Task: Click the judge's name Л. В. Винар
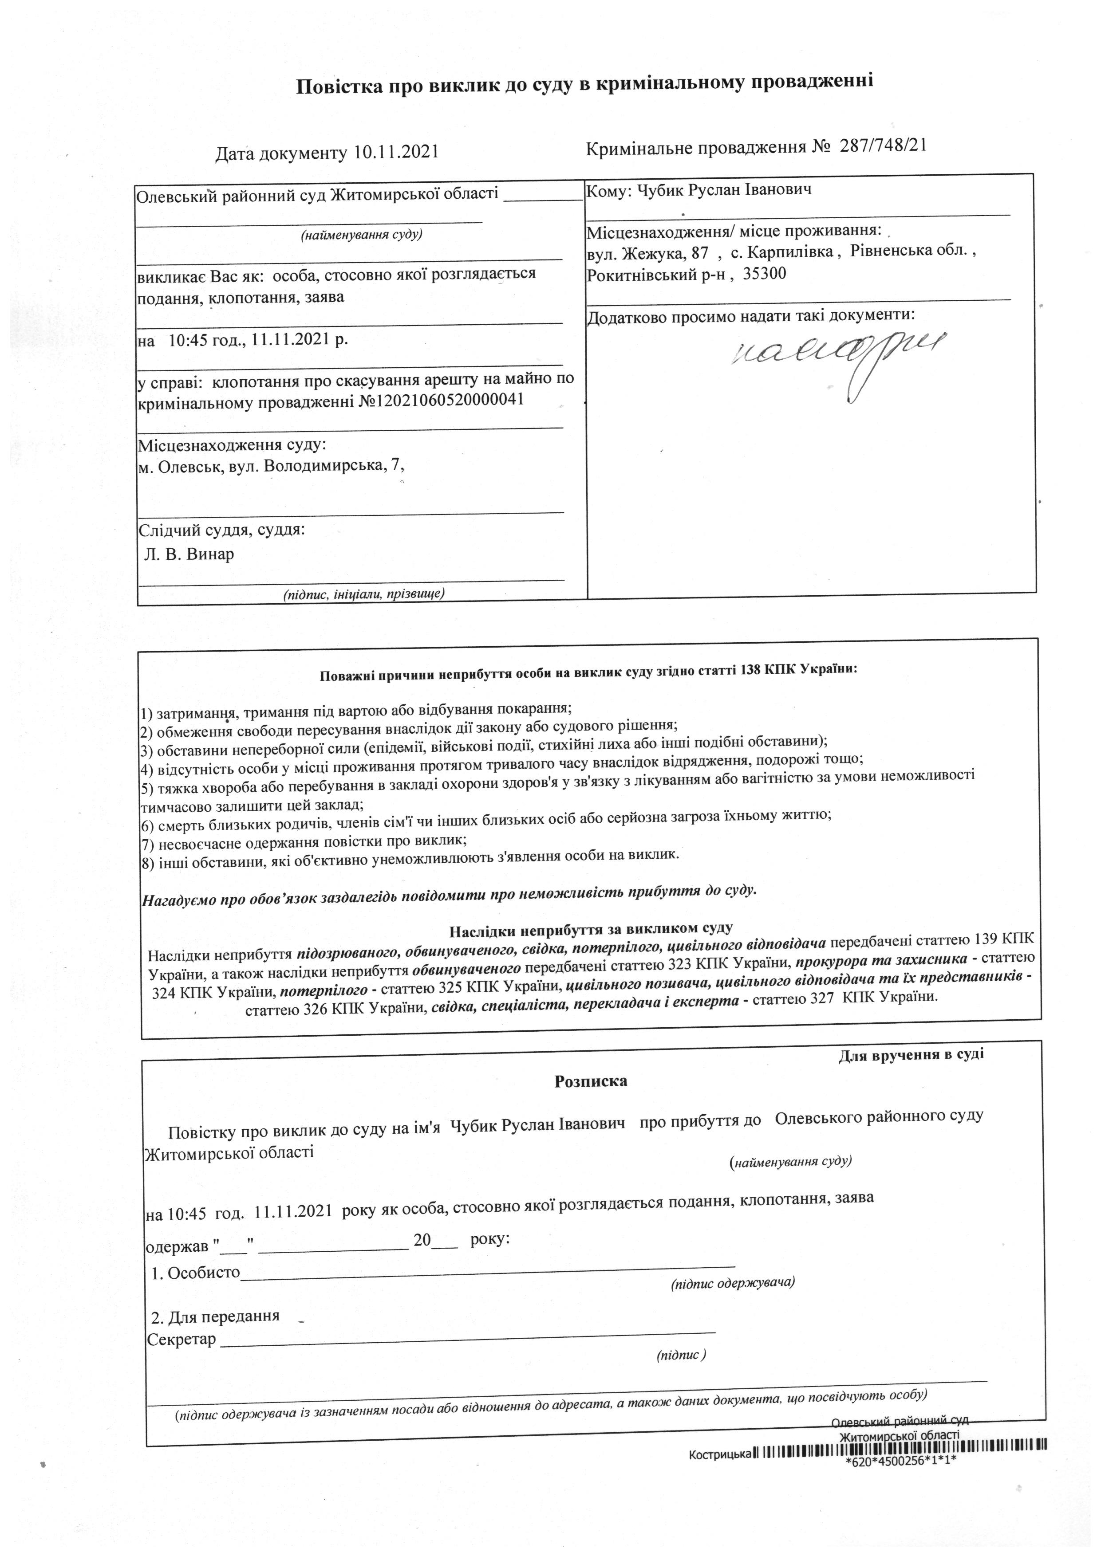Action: click(x=189, y=554)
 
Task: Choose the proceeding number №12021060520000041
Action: click(x=441, y=400)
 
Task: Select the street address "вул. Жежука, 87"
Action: click(x=647, y=253)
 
